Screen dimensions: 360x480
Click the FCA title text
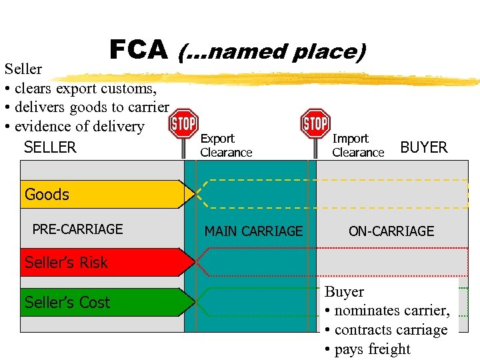click(x=138, y=49)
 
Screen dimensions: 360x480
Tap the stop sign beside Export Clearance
click(x=183, y=124)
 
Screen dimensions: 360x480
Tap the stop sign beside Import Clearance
click(x=315, y=124)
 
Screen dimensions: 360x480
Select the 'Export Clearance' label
click(x=226, y=145)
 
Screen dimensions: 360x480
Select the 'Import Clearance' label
click(x=358, y=145)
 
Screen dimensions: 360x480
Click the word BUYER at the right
click(x=424, y=147)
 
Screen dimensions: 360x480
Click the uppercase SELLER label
click(x=50, y=147)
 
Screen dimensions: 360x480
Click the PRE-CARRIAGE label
click(x=77, y=229)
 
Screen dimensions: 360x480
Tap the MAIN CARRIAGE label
click(x=253, y=231)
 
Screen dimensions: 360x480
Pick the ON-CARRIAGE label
click(x=391, y=231)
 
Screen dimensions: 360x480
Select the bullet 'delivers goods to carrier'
click(x=87, y=107)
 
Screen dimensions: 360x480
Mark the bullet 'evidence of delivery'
click(x=75, y=126)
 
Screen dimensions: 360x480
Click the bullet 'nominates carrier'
click(x=387, y=311)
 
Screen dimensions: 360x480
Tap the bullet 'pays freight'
click(x=367, y=349)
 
